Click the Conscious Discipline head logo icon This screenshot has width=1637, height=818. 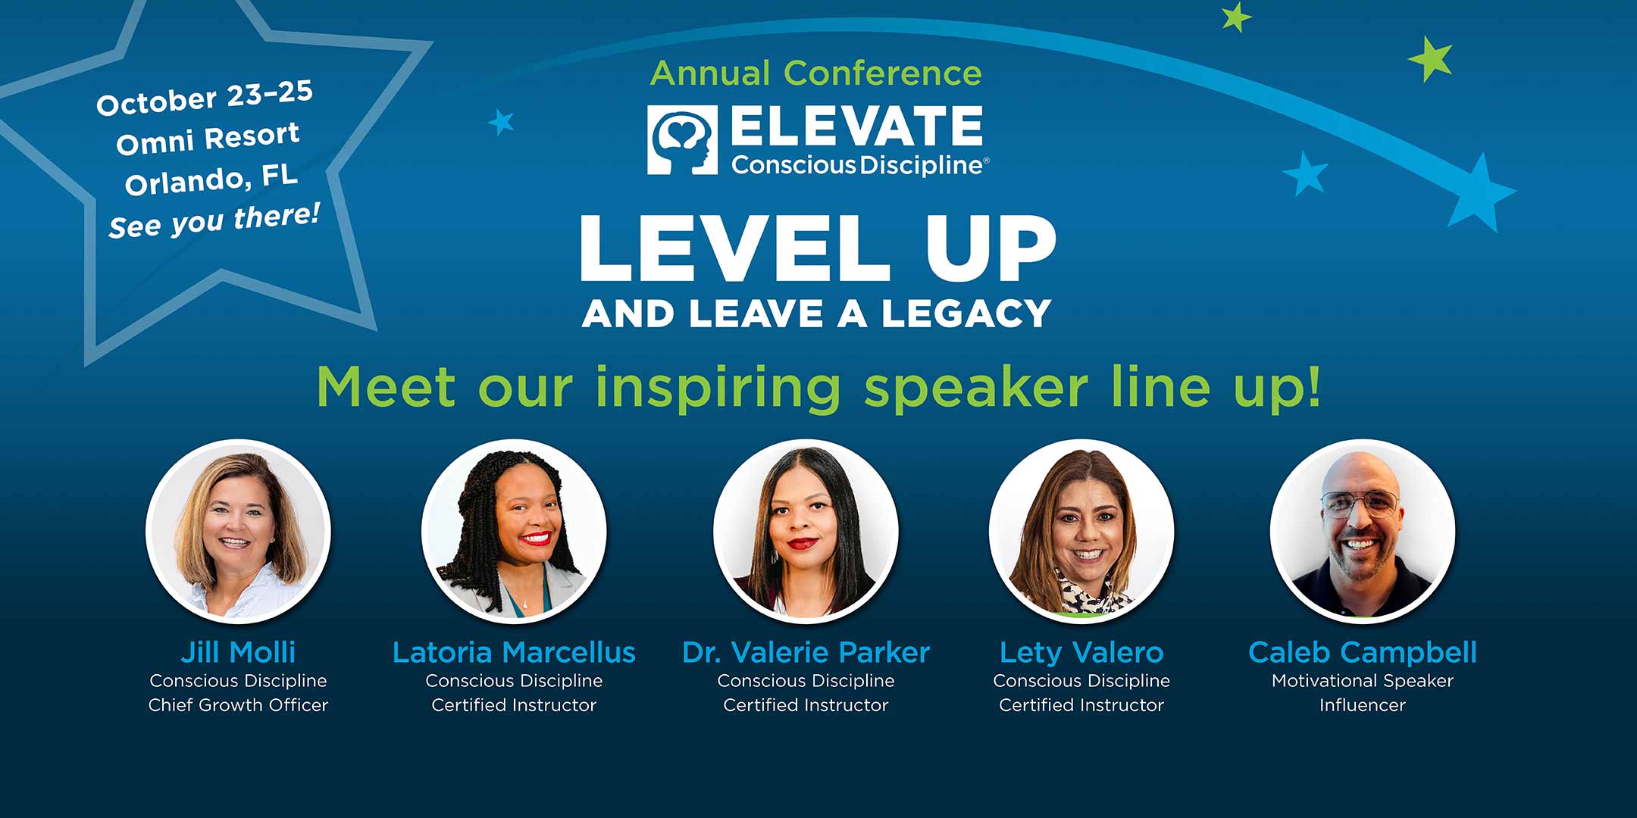coord(682,140)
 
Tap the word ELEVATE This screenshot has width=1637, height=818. coord(857,126)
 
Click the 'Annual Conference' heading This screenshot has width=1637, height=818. coord(816,73)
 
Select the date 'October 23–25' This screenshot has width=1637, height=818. coord(205,98)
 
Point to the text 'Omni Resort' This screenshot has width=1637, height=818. coord(208,138)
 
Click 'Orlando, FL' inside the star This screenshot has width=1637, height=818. coord(211,180)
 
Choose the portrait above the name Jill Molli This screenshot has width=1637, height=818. coord(238,531)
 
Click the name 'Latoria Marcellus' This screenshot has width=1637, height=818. coord(514,652)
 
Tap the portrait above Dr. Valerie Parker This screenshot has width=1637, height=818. coord(806,531)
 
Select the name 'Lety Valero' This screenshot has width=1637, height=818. coord(1081,652)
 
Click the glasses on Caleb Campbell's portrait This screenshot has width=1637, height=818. coord(1360,504)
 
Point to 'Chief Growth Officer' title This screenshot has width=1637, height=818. coord(238,705)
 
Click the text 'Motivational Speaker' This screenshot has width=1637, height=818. coord(1363,681)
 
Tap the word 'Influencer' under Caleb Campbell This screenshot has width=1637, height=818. coord(1363,705)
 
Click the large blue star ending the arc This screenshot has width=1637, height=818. coord(1478,193)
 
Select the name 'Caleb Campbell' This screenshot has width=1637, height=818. coord(1363,652)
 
